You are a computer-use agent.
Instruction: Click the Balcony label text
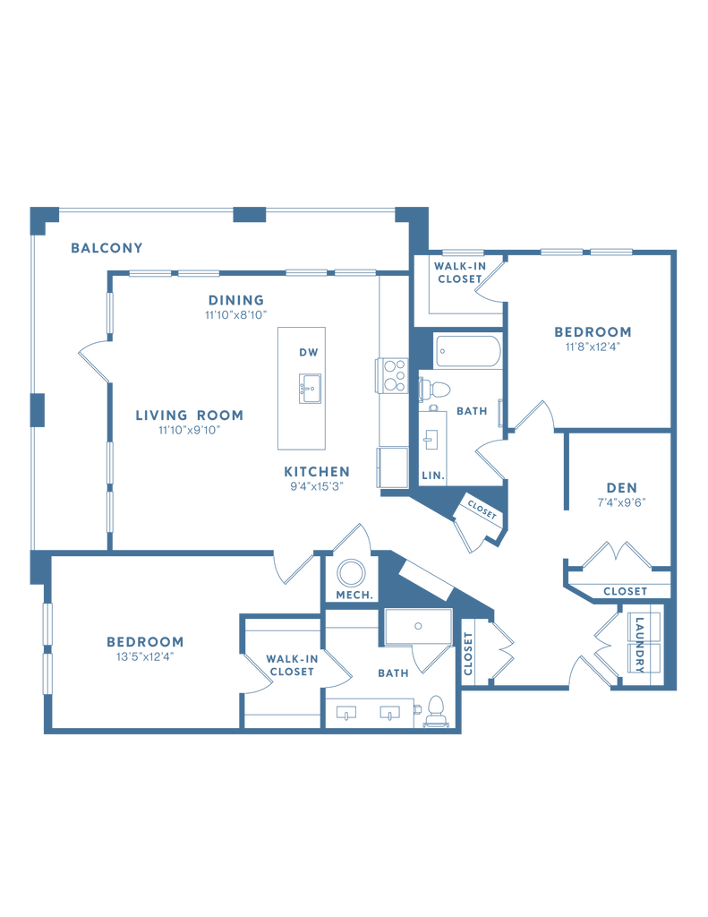pos(107,247)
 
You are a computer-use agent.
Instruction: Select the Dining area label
pos(236,304)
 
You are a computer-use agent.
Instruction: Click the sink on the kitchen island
pos(311,388)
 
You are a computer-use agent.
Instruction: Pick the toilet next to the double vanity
pos(437,712)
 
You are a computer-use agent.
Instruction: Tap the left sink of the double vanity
pos(347,713)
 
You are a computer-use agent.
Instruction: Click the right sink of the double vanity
pos(388,713)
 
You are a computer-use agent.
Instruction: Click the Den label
pos(621,492)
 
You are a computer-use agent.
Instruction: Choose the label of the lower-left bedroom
pos(144,646)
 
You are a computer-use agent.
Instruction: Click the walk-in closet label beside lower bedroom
pos(292,664)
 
